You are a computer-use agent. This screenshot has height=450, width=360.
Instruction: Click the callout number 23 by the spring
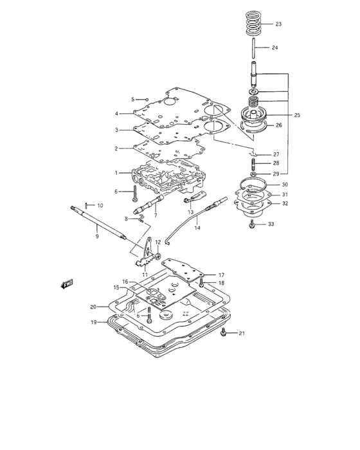point(278,24)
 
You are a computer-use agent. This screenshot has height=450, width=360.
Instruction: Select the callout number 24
point(274,48)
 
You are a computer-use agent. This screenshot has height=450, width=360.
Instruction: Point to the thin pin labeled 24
point(255,48)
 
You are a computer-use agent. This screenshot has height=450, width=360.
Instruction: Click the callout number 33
point(271,224)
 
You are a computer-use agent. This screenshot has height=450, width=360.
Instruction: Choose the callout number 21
point(242,333)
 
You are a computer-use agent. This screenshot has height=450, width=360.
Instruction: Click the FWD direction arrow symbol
point(66,282)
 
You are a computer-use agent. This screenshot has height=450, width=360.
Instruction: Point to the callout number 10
point(100,205)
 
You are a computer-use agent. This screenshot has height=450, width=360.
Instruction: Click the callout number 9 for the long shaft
point(96,237)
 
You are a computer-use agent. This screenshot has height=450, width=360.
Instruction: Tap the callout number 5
point(134,99)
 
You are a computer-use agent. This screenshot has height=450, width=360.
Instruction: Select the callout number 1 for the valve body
point(116,173)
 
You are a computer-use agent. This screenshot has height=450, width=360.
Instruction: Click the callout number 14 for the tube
point(197,228)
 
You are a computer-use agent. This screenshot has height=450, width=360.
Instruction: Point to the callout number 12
point(157,242)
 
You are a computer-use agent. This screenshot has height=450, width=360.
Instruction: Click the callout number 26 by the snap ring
point(278,125)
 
